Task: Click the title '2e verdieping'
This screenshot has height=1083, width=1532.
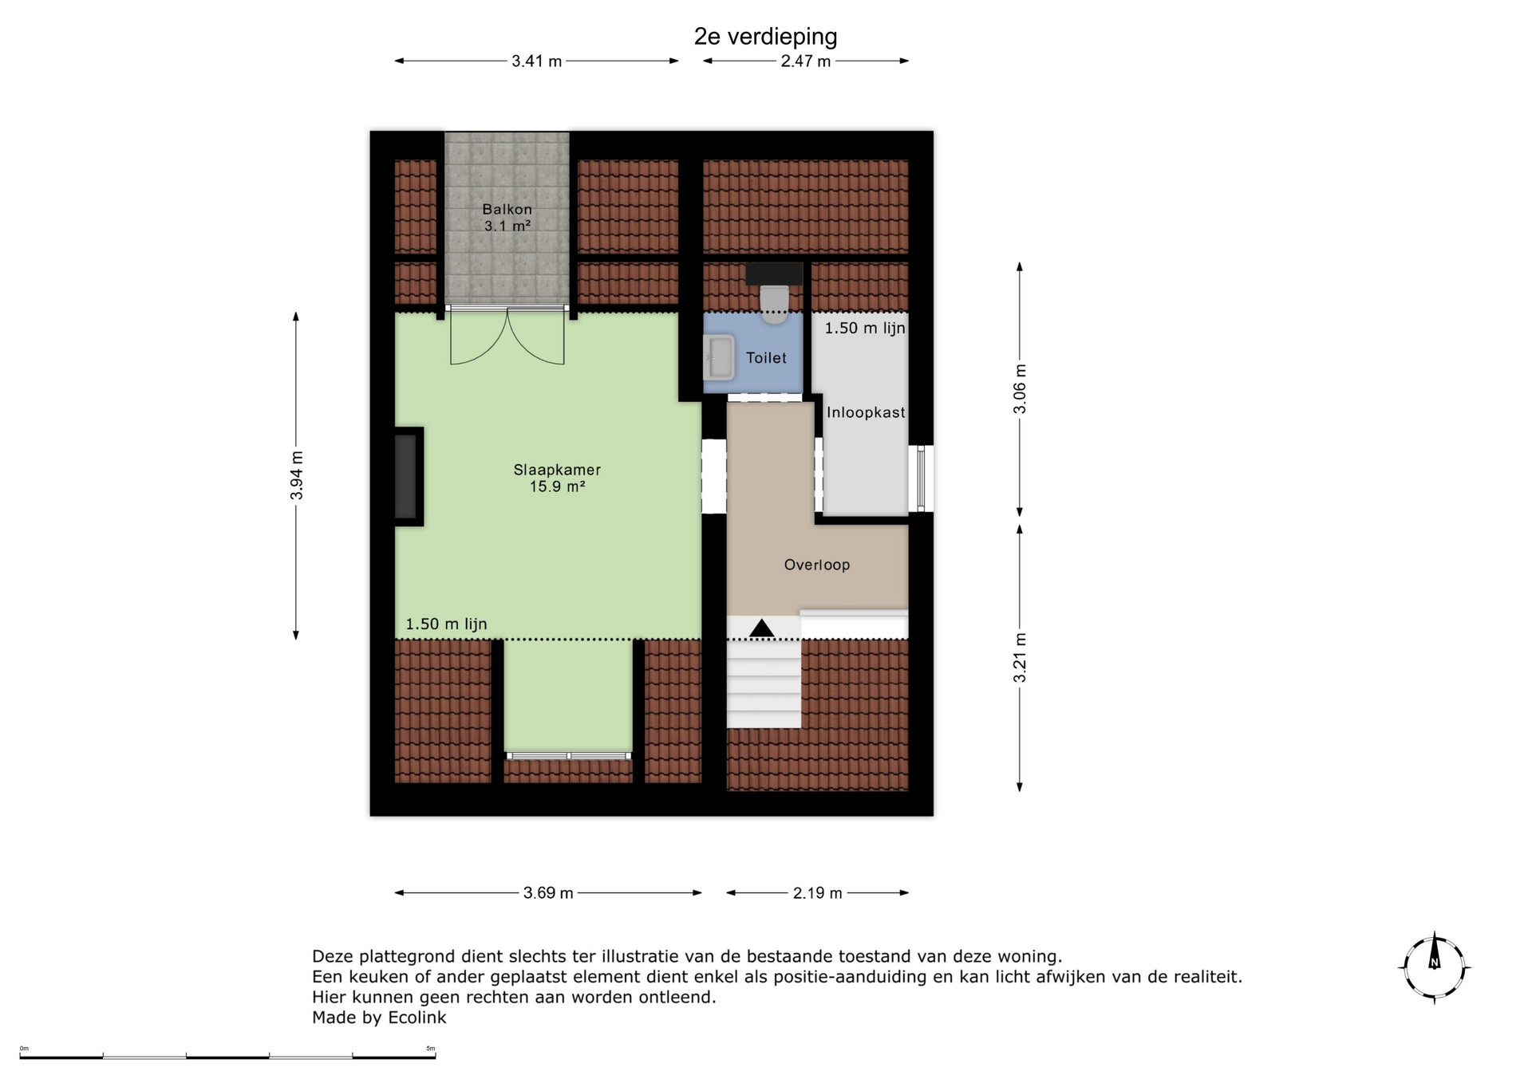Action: pos(765,37)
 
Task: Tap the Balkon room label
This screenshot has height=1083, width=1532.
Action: pos(507,210)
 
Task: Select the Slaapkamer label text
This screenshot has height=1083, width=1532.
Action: pos(557,471)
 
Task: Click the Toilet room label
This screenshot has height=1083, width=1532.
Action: pos(766,358)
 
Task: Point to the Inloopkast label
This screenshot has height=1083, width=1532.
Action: pos(866,412)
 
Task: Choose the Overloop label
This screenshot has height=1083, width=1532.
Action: pos(817,565)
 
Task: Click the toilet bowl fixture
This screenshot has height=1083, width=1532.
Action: pos(774,304)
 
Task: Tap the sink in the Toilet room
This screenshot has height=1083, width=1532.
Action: pos(719,357)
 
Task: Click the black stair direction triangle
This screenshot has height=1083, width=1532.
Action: pos(762,628)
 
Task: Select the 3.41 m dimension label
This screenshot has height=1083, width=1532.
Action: pos(536,61)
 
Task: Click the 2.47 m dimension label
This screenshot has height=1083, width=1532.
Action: pos(806,61)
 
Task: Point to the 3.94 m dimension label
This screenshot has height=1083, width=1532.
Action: pos(296,476)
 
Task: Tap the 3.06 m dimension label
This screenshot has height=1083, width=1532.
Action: pos(1020,389)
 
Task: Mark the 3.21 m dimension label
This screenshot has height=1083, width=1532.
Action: pos(1020,658)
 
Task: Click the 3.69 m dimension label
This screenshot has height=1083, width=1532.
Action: pos(548,893)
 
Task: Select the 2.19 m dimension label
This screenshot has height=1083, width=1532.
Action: pos(818,893)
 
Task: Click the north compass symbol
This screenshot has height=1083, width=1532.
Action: pos(1435,967)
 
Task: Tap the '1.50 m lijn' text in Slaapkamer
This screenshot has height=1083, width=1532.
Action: pos(446,624)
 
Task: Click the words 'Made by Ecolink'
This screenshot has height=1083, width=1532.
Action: pos(379,1018)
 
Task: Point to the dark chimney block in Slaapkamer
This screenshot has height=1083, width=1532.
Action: pos(408,476)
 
